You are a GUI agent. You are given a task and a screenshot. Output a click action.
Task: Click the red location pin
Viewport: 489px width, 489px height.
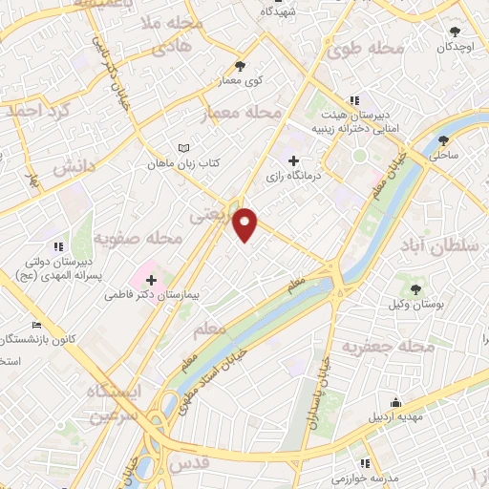(x=246, y=223)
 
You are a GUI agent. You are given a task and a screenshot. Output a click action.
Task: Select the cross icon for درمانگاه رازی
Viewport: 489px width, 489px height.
(x=293, y=161)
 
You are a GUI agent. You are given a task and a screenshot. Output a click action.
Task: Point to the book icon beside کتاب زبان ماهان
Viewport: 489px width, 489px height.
(x=184, y=148)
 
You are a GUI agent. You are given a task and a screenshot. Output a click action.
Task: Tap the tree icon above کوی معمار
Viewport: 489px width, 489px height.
(x=239, y=65)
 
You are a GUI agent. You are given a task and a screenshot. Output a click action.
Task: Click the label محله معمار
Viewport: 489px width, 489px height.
(x=244, y=114)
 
